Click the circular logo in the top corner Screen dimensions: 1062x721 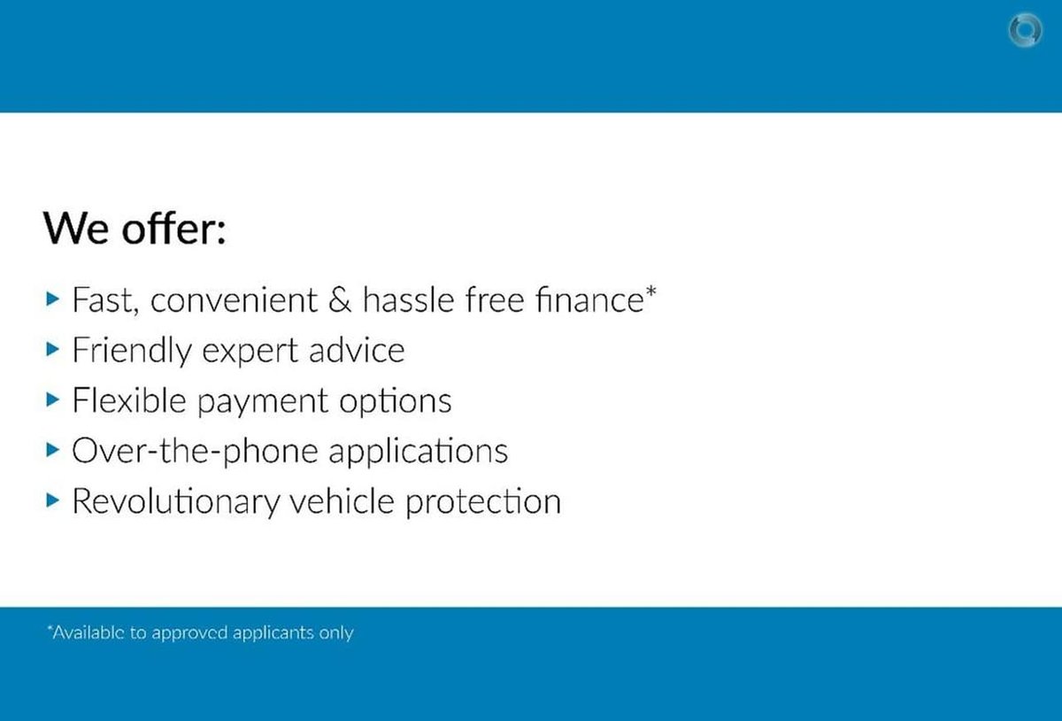[1025, 30]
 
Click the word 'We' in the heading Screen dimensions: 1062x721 [76, 229]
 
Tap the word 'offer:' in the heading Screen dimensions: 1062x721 [173, 228]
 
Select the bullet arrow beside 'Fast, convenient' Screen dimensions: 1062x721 [52, 299]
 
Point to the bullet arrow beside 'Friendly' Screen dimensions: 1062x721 [52, 349]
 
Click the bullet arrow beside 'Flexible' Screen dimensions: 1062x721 [52, 399]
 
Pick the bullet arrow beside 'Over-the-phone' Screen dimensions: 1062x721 [52, 450]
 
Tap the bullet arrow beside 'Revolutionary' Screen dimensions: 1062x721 [52, 500]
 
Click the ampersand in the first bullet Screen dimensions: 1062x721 [340, 300]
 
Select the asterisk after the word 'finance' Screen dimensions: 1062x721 [650, 291]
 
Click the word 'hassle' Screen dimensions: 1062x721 [408, 299]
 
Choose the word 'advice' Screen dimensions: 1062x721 [357, 350]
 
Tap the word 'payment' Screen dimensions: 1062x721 [262, 402]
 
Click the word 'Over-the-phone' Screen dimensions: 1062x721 [196, 451]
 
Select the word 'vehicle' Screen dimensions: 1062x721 [342, 500]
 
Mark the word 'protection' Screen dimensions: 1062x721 [483, 503]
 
